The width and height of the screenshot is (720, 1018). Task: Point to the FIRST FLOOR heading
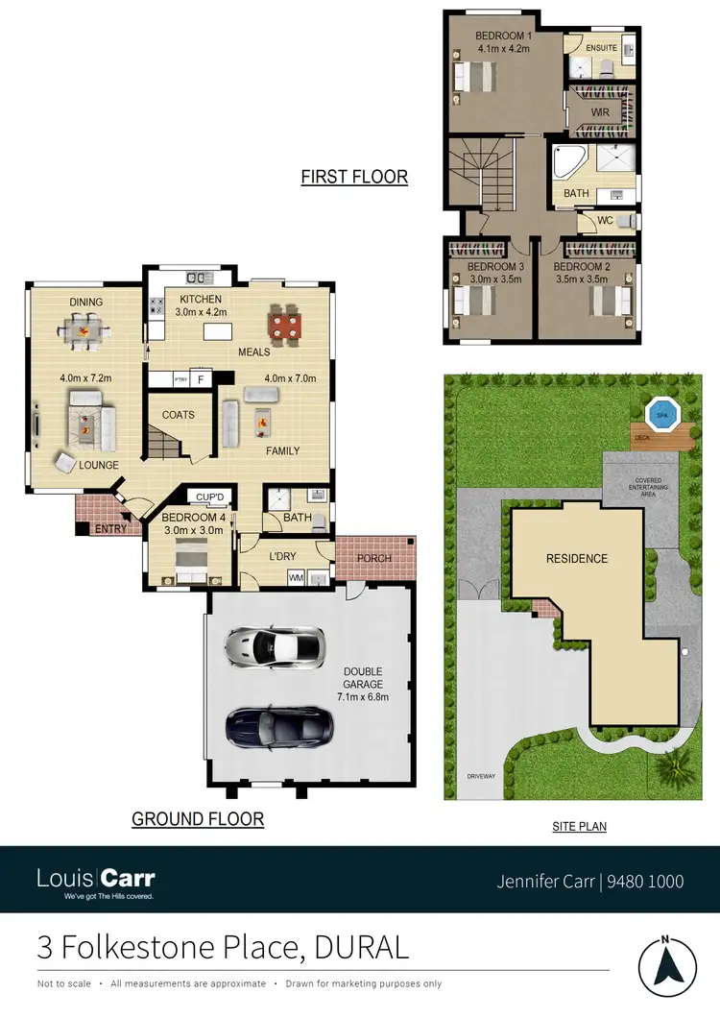click(x=354, y=177)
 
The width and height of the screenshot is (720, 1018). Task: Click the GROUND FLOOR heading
click(x=198, y=819)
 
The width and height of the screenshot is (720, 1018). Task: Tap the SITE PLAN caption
click(x=579, y=826)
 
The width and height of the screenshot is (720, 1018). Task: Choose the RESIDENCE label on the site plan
click(x=577, y=558)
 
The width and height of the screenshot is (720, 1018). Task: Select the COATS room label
click(x=179, y=415)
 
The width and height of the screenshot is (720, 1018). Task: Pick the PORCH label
click(x=374, y=558)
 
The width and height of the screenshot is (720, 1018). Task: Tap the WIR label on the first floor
click(x=600, y=112)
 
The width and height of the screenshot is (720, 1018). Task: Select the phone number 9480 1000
click(x=642, y=880)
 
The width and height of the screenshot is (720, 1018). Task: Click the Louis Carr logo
click(x=96, y=881)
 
